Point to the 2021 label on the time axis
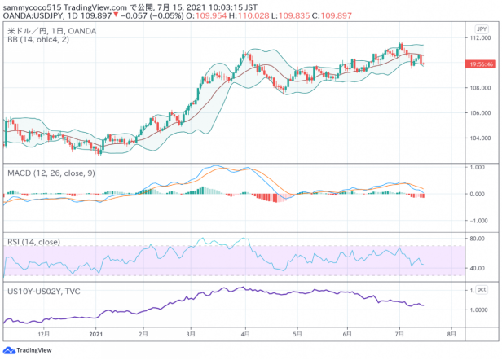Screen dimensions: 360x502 tap(95, 334)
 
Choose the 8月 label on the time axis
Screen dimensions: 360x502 tap(451, 334)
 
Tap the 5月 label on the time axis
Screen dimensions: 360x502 tap(297, 334)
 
